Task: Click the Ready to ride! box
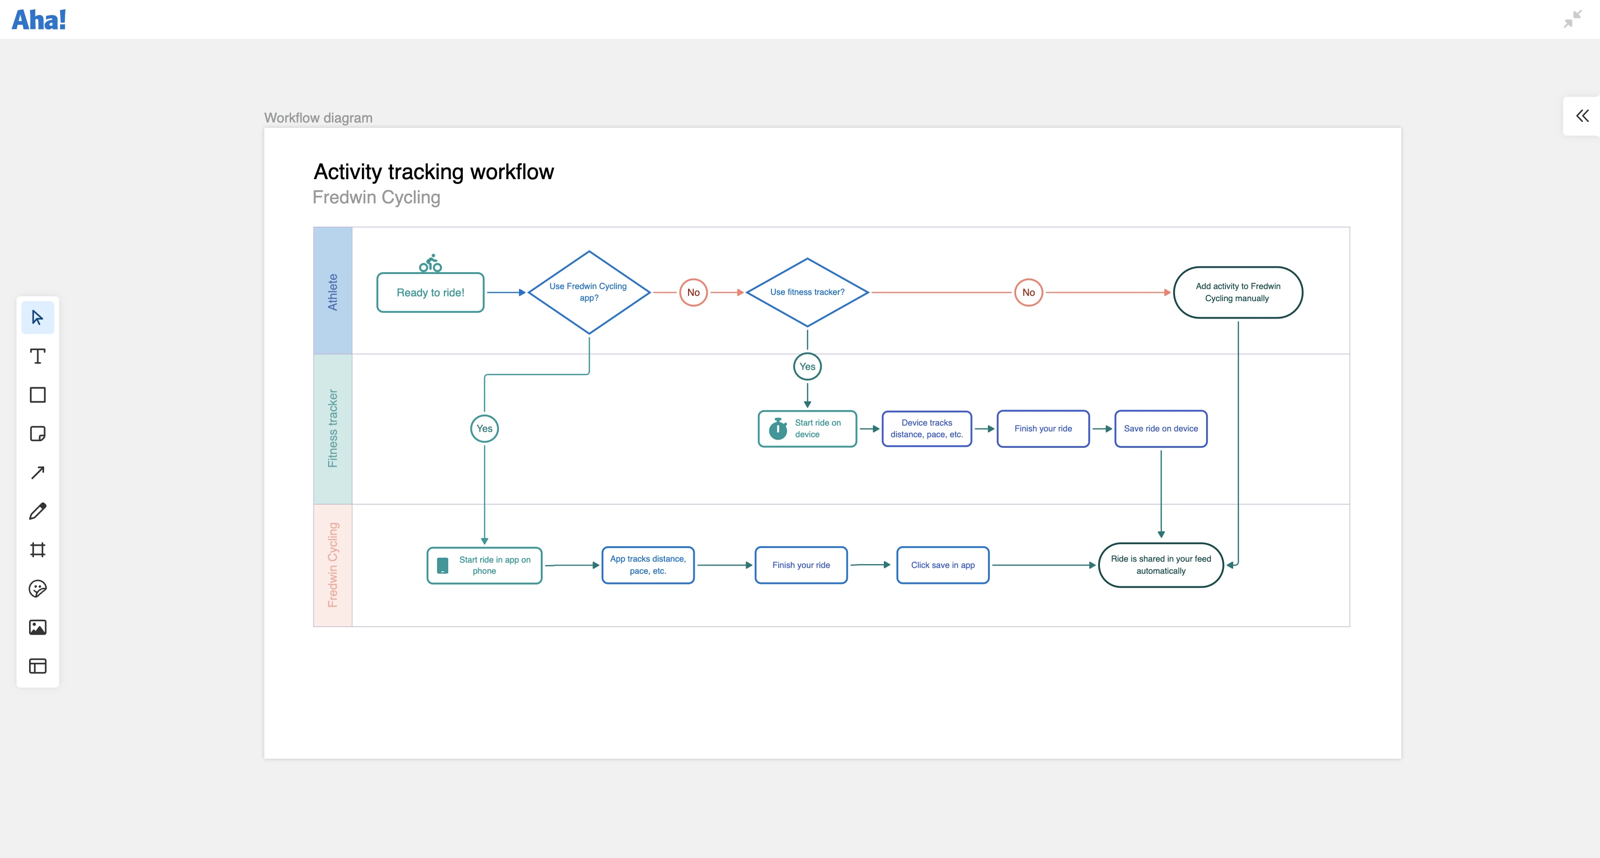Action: [430, 292]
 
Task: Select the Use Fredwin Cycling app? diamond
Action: [589, 292]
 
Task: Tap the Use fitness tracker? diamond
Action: [807, 292]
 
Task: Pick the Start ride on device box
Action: [807, 429]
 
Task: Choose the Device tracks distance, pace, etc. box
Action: [926, 429]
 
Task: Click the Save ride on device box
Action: [1160, 429]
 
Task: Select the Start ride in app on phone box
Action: [485, 565]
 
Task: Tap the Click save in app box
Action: [942, 565]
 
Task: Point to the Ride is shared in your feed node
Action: [1160, 565]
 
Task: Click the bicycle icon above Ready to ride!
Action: [430, 263]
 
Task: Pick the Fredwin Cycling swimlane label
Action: [333, 565]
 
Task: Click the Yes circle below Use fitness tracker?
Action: [807, 366]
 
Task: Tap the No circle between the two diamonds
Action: [693, 292]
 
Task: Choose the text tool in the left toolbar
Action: [38, 356]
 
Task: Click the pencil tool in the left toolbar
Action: [38, 511]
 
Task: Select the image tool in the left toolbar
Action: [38, 627]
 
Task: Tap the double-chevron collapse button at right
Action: [1582, 116]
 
